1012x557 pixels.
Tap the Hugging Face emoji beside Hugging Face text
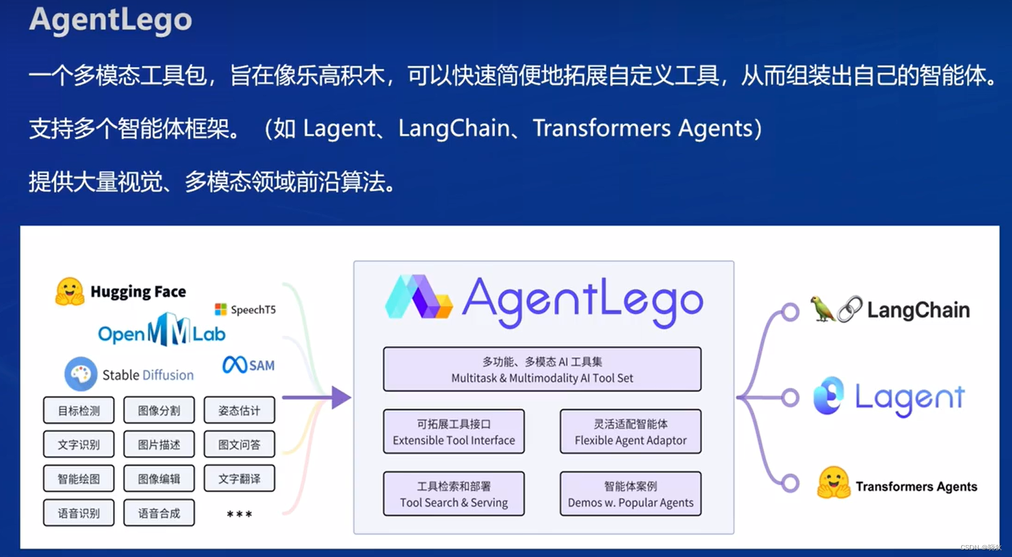69,291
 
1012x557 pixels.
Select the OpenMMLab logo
162,330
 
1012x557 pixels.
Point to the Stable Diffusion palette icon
80,374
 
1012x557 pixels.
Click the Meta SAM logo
248,365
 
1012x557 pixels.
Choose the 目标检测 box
79,410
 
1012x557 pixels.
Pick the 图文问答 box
239,444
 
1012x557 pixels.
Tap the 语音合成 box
159,513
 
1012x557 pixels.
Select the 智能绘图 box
79,478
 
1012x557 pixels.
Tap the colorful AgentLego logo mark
419,298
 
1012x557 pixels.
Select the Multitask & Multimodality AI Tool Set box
542,369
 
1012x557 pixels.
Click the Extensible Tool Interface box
453,432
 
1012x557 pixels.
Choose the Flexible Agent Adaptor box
630,432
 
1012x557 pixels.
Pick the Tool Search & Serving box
453,494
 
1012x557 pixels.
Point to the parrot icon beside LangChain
822,309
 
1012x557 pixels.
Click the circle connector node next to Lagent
790,397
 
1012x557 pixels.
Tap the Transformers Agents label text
916,486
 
